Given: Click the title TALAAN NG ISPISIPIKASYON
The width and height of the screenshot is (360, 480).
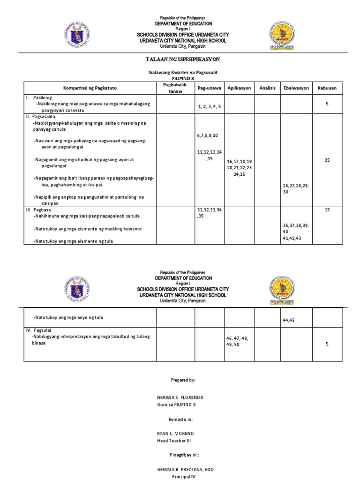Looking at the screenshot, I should pos(180,60).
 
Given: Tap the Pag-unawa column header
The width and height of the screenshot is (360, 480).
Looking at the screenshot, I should pos(209,88).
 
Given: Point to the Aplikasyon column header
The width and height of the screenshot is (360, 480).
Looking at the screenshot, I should pos(239,88).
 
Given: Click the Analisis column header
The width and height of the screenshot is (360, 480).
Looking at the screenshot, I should pos(267,88).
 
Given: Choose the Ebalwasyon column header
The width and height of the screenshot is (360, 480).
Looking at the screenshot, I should pos(296,88).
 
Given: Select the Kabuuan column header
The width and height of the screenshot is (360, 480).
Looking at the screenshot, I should pos(327,88).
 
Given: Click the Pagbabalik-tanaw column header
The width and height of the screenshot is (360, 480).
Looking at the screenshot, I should pos(175,88).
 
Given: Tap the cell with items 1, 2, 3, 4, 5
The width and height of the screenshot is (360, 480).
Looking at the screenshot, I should pos(209,106).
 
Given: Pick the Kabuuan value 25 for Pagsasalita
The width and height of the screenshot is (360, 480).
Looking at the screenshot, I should pos(327,160).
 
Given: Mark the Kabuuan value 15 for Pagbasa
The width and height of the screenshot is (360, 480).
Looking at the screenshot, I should pos(327,210).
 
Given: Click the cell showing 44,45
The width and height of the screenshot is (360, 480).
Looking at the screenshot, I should pos(289,320).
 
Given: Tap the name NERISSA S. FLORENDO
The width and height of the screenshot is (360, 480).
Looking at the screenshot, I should pos(180,397).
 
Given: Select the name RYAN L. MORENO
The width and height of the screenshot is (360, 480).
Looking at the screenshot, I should pos(175,434).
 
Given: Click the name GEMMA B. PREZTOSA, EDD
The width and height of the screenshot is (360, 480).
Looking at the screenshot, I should pos(185,469).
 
